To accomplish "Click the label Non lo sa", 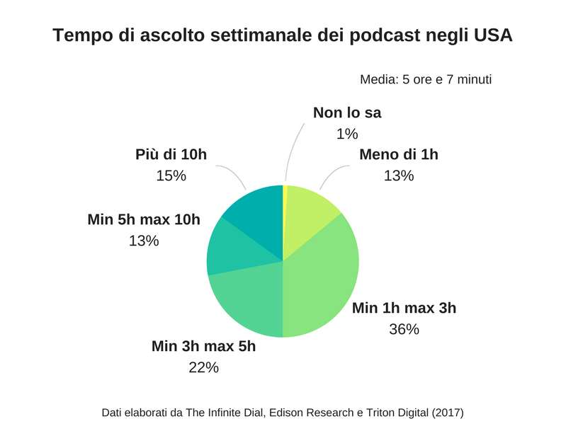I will [x=346, y=113].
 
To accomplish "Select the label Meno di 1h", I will [x=398, y=155].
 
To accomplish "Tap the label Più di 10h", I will [x=171, y=155].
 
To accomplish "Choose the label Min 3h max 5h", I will [x=203, y=347].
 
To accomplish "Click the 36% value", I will [x=404, y=328].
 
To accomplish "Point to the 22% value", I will [x=203, y=367].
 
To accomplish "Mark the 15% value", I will [x=171, y=176].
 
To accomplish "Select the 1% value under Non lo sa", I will [x=346, y=134].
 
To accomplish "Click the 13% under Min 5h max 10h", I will [x=144, y=241].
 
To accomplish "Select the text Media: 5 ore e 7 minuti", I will [x=425, y=79].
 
